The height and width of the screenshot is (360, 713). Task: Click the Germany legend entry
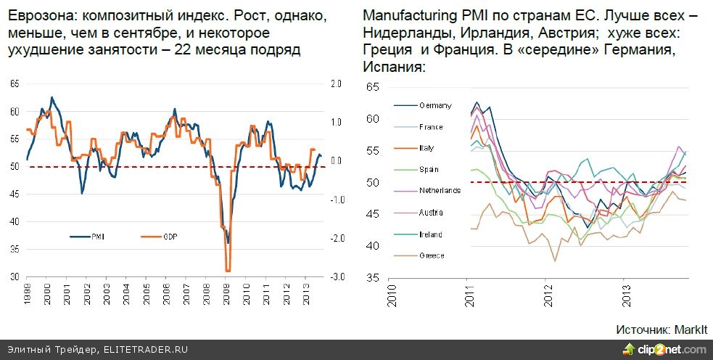tap(433, 105)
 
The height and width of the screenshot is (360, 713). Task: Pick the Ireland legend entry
tap(431, 234)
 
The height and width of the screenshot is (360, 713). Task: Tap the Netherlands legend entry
tap(439, 191)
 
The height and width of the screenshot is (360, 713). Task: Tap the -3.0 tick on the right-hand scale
tap(336, 277)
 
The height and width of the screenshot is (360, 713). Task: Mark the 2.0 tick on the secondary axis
tap(336, 84)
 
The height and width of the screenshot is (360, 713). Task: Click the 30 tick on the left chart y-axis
tap(15, 277)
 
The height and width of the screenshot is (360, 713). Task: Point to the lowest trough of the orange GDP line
tap(227, 270)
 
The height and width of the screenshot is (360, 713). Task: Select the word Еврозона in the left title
tap(35, 16)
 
